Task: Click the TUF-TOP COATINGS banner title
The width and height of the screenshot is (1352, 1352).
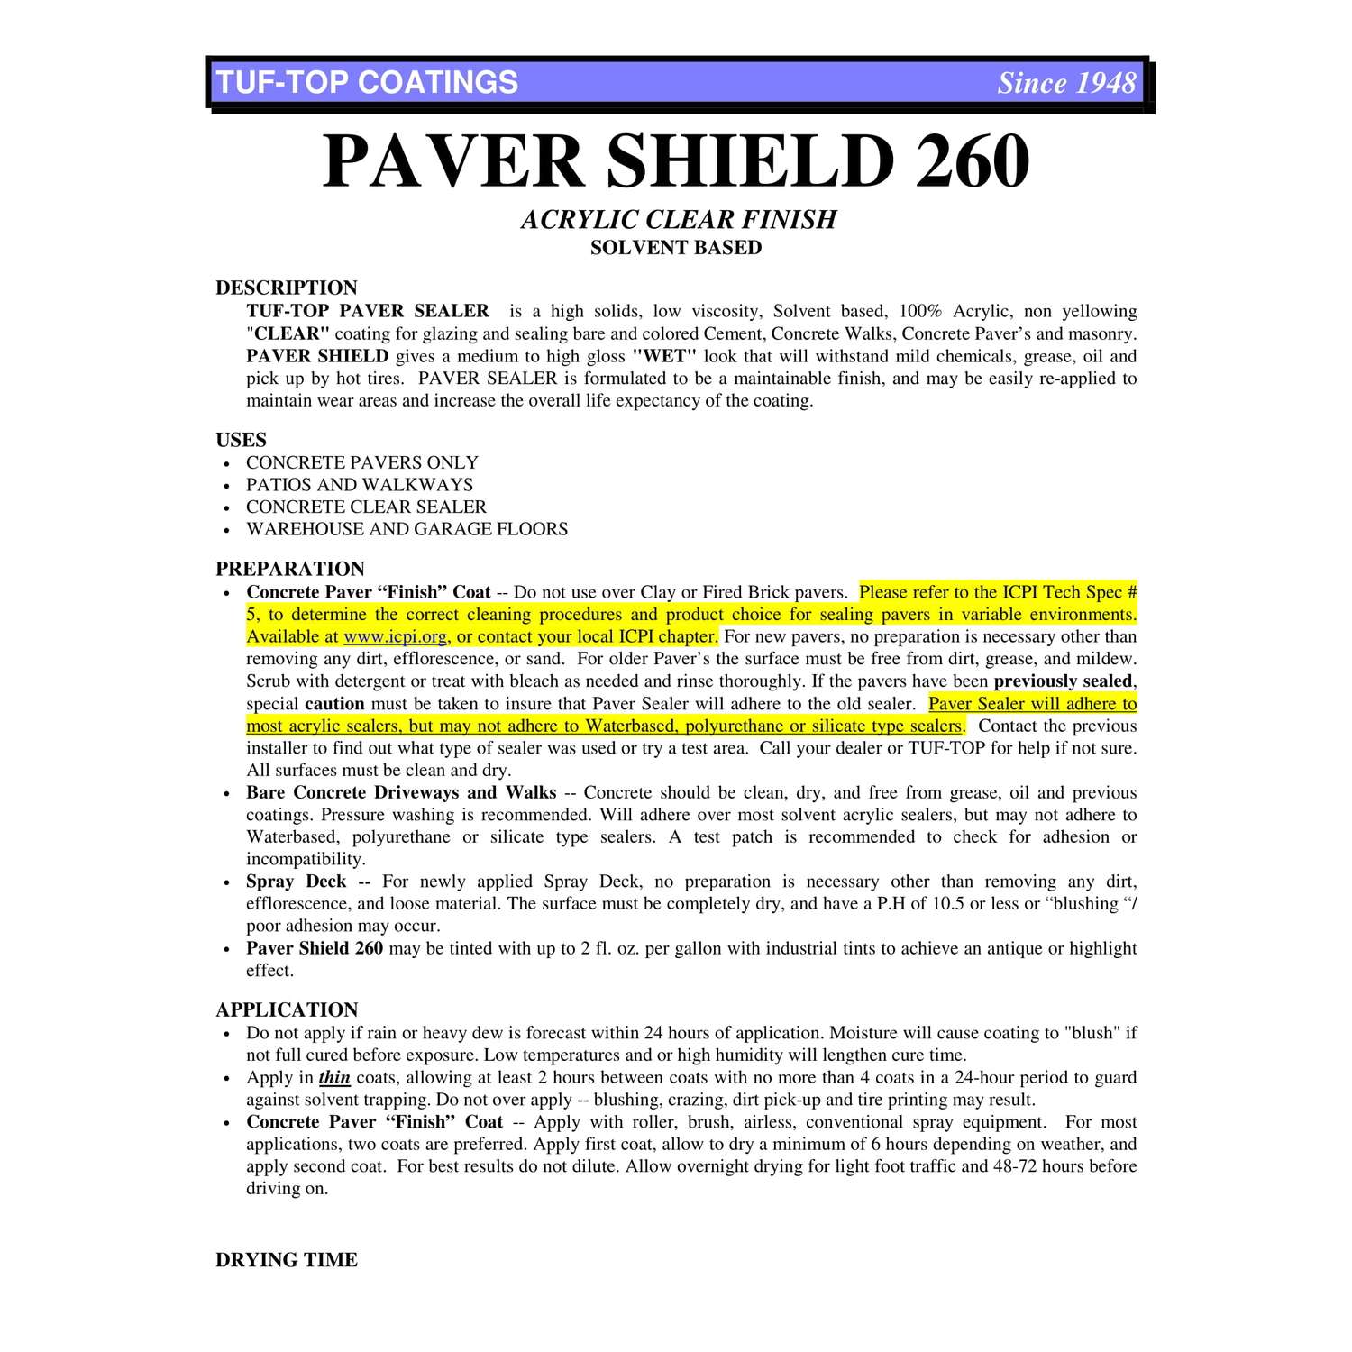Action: [367, 83]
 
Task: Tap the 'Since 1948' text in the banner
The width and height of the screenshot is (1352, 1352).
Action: [1066, 84]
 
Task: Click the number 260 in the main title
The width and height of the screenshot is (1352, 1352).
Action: [973, 162]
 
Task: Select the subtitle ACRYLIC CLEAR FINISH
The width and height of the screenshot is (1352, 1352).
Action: [678, 220]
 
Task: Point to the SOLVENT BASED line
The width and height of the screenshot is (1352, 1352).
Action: [676, 248]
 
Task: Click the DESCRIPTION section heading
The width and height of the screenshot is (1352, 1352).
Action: [287, 288]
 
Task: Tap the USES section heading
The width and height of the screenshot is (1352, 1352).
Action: [242, 440]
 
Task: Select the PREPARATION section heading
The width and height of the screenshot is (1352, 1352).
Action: [290, 569]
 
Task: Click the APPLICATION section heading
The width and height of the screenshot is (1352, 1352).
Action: [287, 1009]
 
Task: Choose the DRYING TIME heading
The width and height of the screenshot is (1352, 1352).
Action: [287, 1260]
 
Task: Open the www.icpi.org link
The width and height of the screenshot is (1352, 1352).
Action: [395, 637]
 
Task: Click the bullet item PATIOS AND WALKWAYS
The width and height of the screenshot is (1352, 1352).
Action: [360, 485]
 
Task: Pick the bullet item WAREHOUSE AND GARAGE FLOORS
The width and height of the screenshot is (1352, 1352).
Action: [407, 529]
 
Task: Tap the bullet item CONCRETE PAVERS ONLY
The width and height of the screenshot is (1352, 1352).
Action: [362, 462]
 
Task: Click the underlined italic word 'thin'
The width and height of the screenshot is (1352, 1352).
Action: [334, 1078]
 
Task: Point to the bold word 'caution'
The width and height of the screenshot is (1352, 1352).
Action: [334, 704]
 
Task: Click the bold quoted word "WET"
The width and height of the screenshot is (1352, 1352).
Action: [665, 356]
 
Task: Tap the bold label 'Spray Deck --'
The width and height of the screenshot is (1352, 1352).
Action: [308, 882]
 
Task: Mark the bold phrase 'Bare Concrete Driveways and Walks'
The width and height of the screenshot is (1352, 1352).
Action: [401, 793]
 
